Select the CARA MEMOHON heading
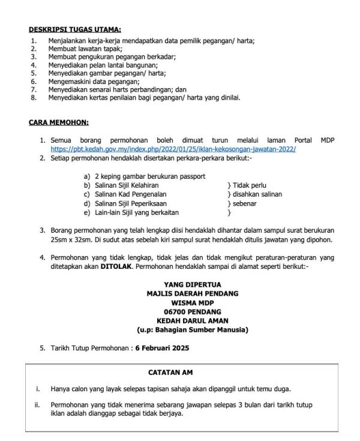click(59, 123)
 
